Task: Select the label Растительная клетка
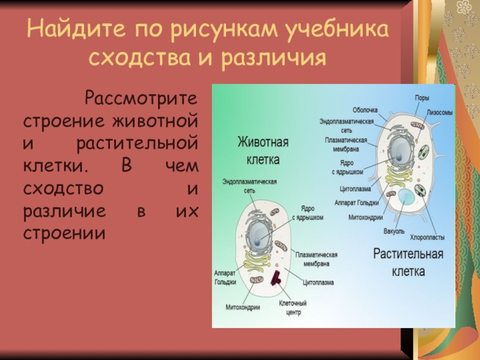pyautogui.click(x=409, y=262)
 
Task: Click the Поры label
pyautogui.click(x=422, y=98)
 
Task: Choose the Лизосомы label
pyautogui.click(x=439, y=112)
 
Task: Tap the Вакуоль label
pyautogui.click(x=394, y=230)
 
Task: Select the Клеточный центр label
pyautogui.click(x=293, y=308)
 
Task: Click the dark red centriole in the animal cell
pyautogui.click(x=277, y=277)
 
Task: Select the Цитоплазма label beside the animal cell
pyautogui.click(x=318, y=282)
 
